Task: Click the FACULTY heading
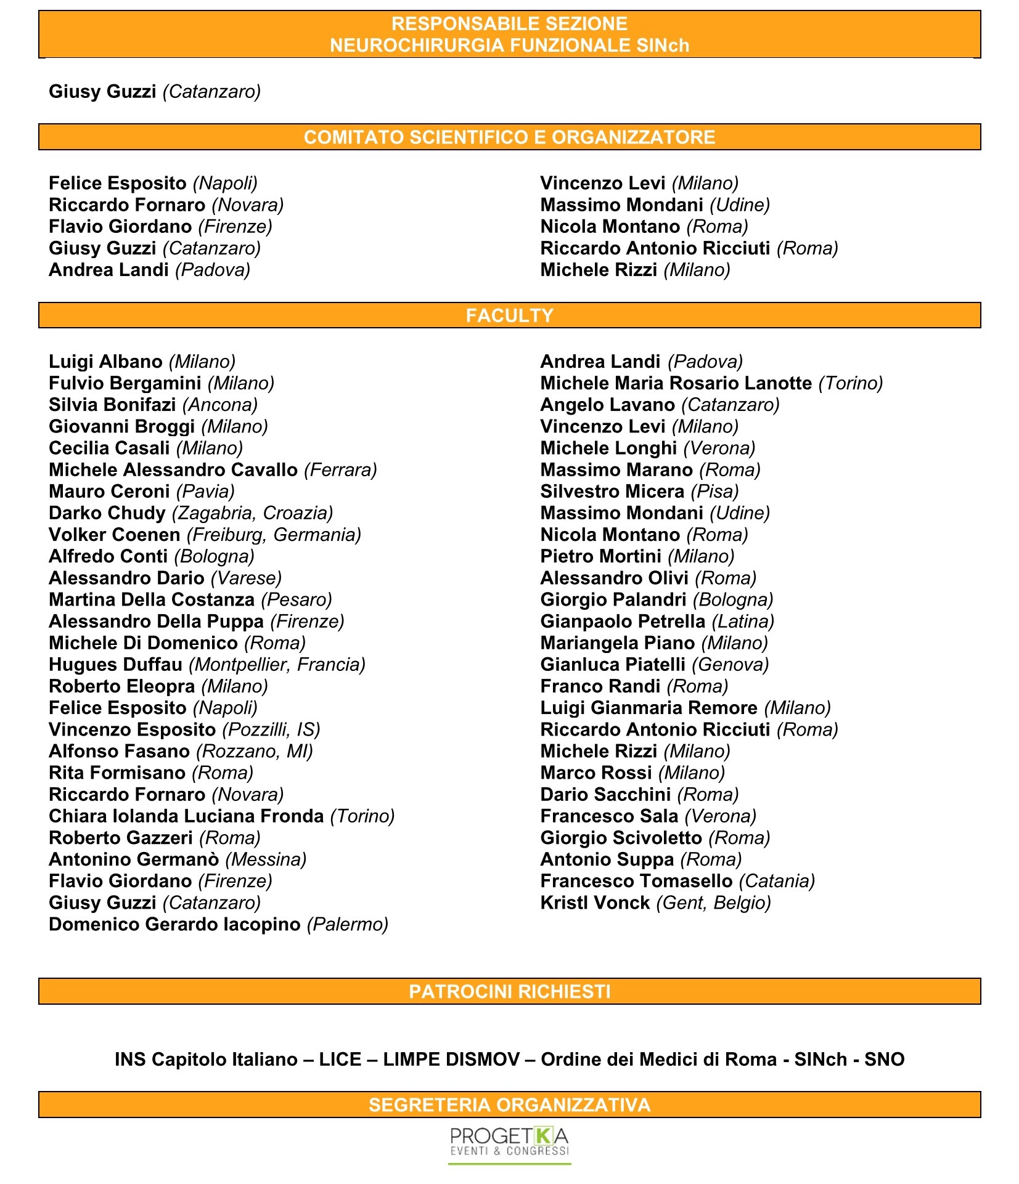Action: click(x=509, y=315)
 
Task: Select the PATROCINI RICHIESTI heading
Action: click(x=509, y=991)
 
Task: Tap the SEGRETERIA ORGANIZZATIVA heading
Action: click(x=509, y=1105)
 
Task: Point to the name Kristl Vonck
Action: click(x=595, y=902)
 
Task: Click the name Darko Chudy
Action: click(x=107, y=513)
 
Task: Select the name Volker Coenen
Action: click(x=115, y=535)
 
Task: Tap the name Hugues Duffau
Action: click(x=115, y=665)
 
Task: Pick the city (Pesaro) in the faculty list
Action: click(x=297, y=600)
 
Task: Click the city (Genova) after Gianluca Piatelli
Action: click(x=730, y=665)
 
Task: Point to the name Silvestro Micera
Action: click(x=612, y=492)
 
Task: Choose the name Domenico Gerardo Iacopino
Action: click(x=174, y=925)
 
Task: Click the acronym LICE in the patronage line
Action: click(x=340, y=1059)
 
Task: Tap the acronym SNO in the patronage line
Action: click(x=884, y=1059)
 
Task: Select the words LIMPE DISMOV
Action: click(x=451, y=1059)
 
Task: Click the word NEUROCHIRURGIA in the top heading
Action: click(x=419, y=46)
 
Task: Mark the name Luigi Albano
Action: click(x=105, y=362)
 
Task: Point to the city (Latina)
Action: click(x=743, y=622)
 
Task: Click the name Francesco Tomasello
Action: click(x=636, y=881)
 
